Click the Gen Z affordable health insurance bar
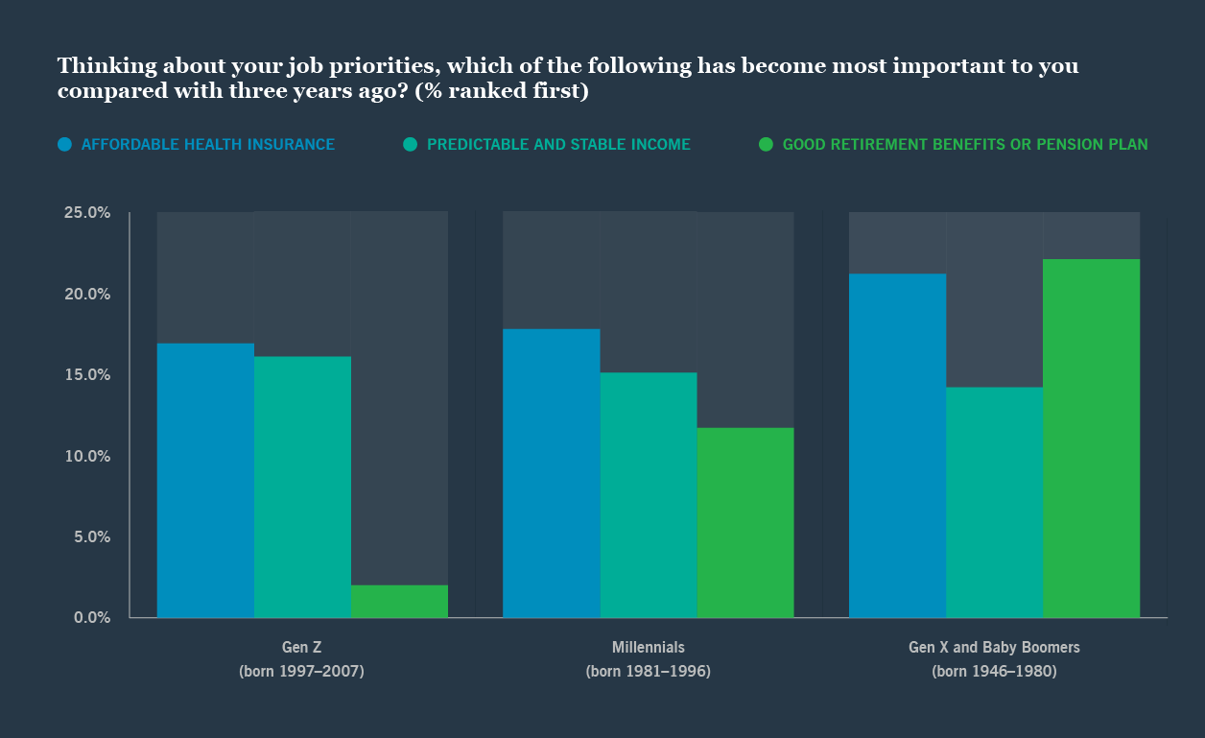coord(205,480)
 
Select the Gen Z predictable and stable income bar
coord(302,487)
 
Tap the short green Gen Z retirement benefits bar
coord(399,601)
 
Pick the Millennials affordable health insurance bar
coord(552,473)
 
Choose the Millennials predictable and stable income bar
coord(649,494)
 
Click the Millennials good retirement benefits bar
coord(745,522)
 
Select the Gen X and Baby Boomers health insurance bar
coord(898,445)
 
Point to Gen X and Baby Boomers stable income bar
coord(995,502)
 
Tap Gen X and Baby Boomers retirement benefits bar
coord(1092,438)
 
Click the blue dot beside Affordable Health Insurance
coord(64,145)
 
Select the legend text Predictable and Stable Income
coord(558,145)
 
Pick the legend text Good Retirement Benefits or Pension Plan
coord(965,145)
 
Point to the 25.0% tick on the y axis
coord(87,212)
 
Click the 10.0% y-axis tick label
coord(87,456)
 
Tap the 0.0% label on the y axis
coord(92,618)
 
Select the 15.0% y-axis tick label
coord(87,374)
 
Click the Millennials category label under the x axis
coord(649,647)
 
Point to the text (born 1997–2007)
coord(301,671)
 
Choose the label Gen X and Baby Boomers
coord(994,647)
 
